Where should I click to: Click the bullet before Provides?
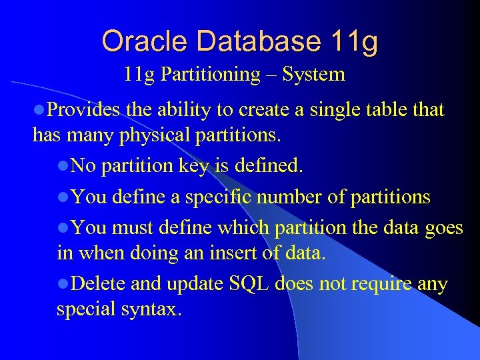click(x=39, y=110)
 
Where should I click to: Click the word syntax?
click(x=153, y=310)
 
